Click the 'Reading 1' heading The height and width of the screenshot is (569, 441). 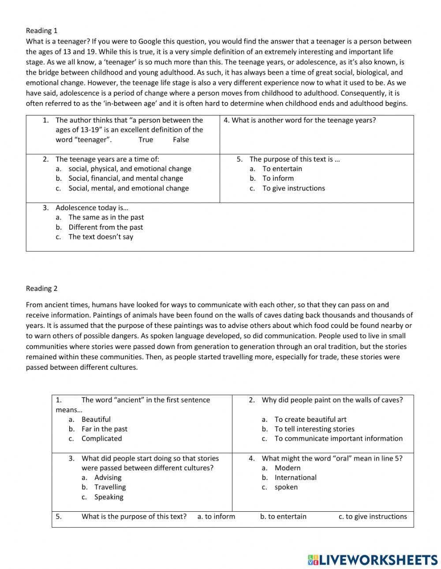(41, 30)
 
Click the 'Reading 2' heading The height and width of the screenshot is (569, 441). (41, 288)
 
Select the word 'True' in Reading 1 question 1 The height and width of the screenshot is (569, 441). (146, 140)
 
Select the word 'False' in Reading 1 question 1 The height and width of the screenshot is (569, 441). (181, 140)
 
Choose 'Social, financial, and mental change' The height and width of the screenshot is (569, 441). (125, 178)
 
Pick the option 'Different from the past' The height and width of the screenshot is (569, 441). (105, 227)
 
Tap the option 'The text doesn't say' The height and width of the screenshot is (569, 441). (101, 237)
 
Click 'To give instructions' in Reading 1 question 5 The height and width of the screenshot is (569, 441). (293, 188)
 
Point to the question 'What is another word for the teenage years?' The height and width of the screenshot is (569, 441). (300, 120)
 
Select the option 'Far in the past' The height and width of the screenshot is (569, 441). (104, 429)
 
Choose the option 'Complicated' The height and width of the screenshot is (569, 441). (101, 439)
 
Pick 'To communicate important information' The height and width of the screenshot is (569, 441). (338, 439)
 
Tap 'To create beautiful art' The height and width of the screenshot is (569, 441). (310, 419)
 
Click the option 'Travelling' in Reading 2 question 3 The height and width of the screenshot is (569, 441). (110, 487)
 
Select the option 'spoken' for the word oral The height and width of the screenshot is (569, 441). (286, 487)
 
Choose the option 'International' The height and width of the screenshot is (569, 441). (295, 477)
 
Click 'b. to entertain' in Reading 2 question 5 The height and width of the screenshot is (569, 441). (283, 517)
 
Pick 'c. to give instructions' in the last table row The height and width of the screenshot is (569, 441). (373, 517)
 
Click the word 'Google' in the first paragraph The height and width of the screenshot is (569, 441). (150, 41)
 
